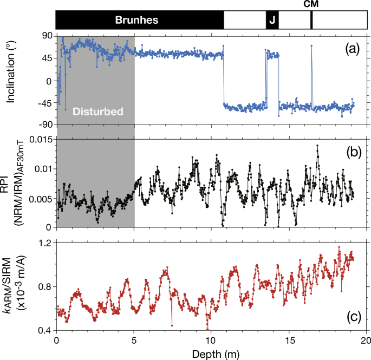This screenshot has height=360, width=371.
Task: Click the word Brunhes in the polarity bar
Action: [136, 21]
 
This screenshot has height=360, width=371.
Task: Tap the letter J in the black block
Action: [272, 21]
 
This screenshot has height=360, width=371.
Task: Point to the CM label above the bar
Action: [311, 4]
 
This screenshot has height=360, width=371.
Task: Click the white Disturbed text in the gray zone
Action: [97, 112]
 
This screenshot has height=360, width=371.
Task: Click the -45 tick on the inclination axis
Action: [44, 103]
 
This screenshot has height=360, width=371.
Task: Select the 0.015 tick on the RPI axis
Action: [41, 140]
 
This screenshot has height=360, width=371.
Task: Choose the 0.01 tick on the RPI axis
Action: [43, 169]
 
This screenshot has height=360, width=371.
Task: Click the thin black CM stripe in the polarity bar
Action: [311, 21]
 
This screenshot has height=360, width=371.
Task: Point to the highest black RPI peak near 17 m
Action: [317, 146]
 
